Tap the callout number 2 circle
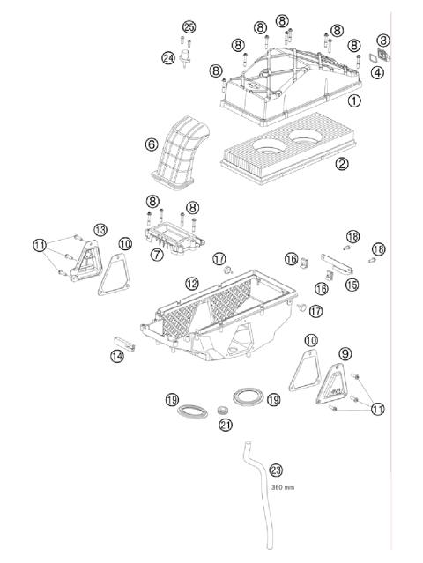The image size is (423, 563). [342, 162]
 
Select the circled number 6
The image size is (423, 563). [152, 143]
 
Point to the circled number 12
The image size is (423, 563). [192, 283]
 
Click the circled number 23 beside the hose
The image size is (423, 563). [276, 470]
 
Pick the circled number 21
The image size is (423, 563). [226, 426]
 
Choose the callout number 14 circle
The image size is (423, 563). [116, 356]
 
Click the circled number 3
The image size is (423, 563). [382, 40]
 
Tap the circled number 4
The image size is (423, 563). [377, 72]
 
